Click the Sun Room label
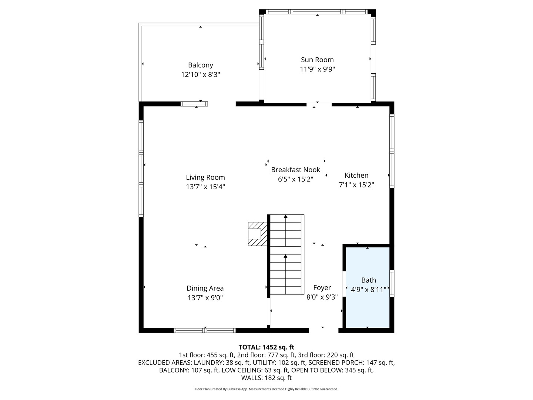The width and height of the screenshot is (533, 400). (317, 60)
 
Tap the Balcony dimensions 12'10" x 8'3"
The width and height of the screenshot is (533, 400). (200, 74)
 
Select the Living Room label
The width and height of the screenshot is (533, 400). (205, 177)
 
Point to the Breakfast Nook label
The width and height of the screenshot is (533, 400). (295, 170)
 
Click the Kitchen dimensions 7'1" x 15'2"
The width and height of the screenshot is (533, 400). (356, 185)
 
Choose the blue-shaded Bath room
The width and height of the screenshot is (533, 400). (368, 287)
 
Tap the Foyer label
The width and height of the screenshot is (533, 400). (322, 287)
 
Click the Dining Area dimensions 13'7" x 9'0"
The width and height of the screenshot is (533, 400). (205, 297)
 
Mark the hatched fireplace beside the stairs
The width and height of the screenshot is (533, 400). (257, 234)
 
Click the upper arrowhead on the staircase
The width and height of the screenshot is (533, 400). (285, 216)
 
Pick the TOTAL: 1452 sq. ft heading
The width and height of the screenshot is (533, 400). (266, 347)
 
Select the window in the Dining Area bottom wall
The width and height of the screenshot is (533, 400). (205, 330)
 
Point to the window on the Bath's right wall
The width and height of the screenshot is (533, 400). (392, 283)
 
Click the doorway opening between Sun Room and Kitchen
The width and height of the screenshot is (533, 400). (319, 105)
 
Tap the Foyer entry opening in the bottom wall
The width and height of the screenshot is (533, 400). (324, 330)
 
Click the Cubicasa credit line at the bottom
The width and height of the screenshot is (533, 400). (266, 389)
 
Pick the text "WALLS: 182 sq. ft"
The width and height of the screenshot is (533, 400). (266, 378)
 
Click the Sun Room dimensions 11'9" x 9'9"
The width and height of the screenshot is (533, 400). (317, 69)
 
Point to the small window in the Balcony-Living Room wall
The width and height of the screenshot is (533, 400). (194, 104)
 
